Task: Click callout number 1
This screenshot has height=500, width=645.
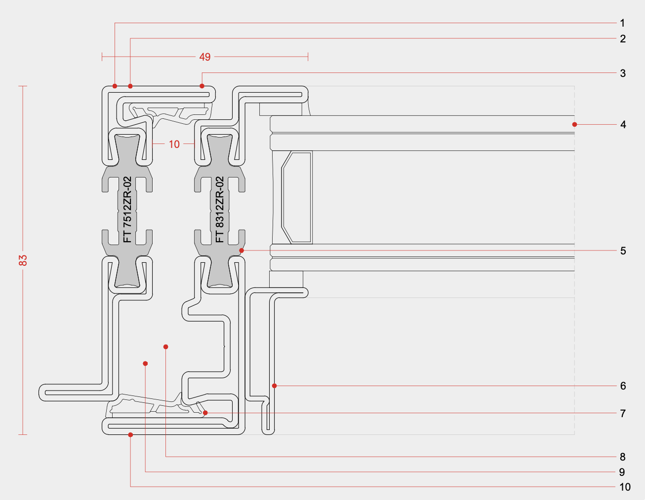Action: (622, 23)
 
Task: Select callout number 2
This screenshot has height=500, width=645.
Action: (623, 38)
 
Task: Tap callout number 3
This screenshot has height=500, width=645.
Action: (623, 73)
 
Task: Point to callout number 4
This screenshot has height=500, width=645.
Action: (623, 125)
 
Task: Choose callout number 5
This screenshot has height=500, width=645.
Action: (623, 251)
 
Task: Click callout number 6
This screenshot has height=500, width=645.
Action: (623, 386)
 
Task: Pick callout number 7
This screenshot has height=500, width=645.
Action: (623, 413)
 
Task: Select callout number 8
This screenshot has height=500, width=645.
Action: (622, 457)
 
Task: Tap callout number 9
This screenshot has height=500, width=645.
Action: (622, 472)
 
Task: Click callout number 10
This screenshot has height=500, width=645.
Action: (625, 487)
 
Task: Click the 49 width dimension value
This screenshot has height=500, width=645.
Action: (205, 57)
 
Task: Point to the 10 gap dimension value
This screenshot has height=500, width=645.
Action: (174, 144)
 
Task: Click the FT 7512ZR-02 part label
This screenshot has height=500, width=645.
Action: (127, 210)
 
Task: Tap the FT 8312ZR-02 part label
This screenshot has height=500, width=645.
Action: (220, 210)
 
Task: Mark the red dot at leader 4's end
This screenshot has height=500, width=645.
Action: (574, 124)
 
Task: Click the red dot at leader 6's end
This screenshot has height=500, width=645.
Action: (275, 386)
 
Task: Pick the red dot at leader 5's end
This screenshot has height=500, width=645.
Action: (242, 251)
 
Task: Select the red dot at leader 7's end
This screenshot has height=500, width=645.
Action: (205, 413)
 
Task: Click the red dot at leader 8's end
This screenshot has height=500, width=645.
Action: (166, 347)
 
